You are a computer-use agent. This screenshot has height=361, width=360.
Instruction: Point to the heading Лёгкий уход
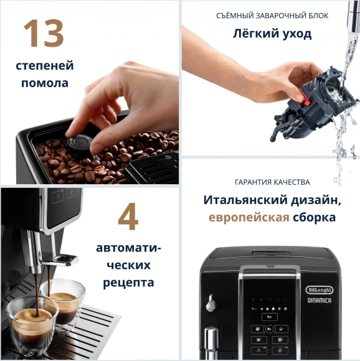pos(272,34)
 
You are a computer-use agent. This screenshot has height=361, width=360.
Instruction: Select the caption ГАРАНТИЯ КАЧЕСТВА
pos(272,182)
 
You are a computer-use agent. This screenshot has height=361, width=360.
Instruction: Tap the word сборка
pos(314,217)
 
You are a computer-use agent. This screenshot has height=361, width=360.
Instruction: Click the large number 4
pos(128,217)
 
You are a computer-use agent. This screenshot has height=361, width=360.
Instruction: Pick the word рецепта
pos(128,283)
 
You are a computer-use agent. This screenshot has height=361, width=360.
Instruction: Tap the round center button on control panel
pos(270,317)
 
